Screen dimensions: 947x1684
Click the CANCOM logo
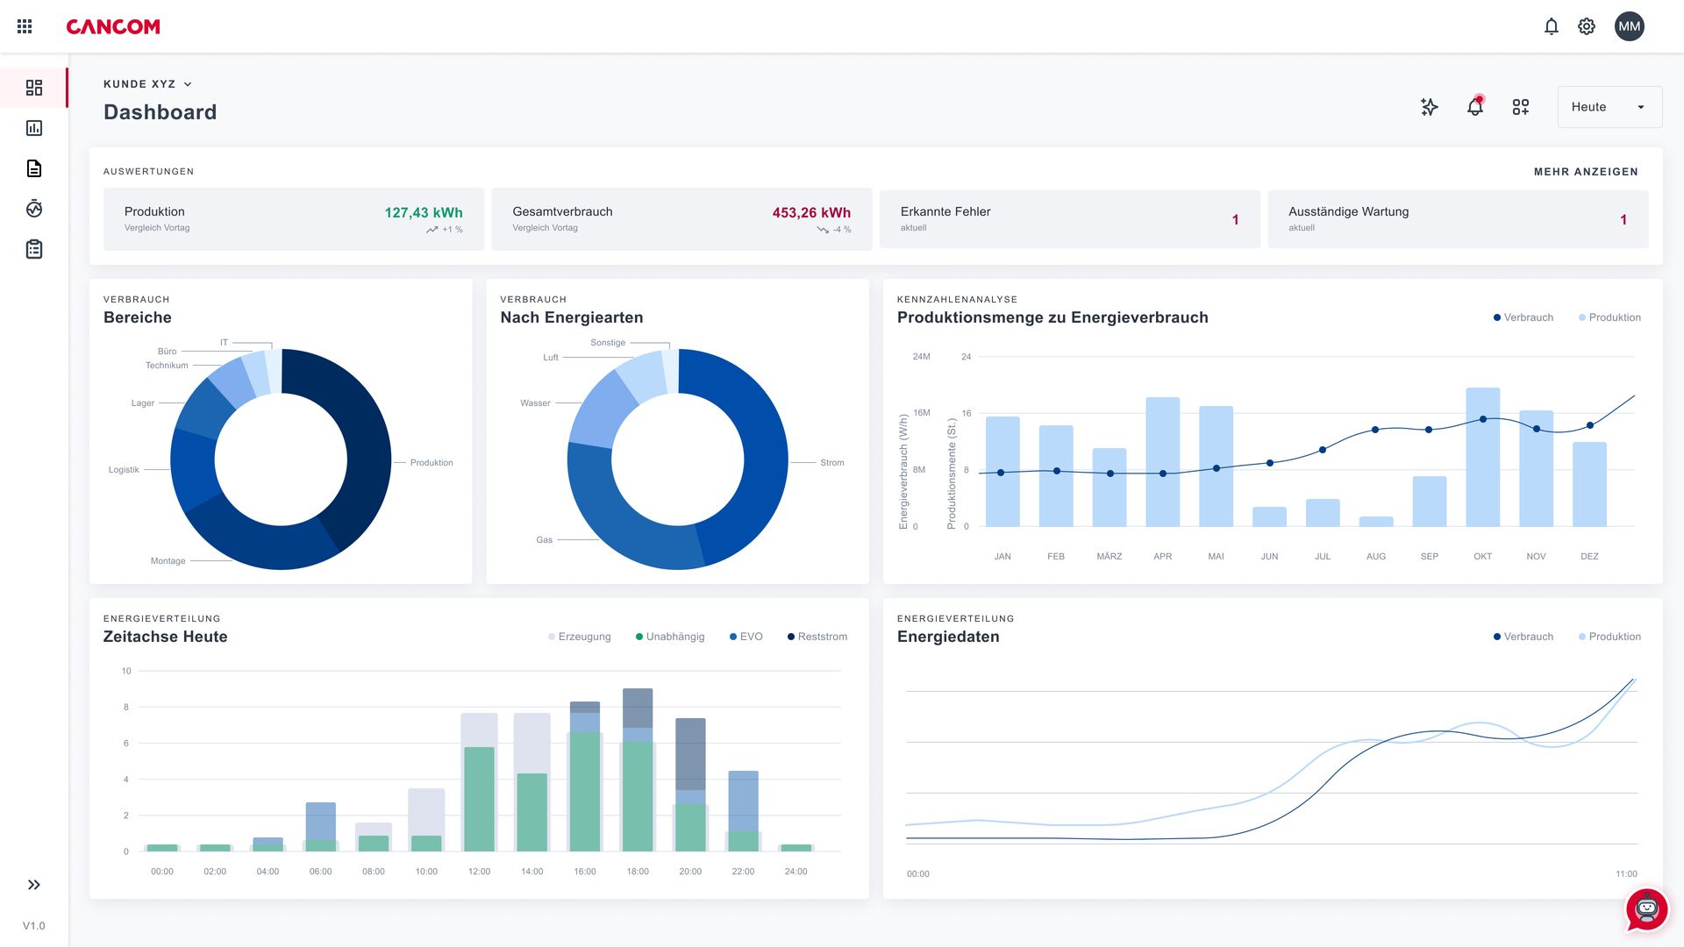113,27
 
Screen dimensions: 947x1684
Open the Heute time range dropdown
1609,107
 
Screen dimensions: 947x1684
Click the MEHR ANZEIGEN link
1585,172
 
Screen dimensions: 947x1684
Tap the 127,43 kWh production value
423,212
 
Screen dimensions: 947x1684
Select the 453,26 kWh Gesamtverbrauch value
810,212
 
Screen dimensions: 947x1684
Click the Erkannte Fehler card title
945,211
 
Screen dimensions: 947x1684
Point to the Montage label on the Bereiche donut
168,561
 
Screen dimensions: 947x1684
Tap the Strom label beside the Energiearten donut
831,463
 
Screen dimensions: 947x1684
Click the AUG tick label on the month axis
1375,557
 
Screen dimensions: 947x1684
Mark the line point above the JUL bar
1323,450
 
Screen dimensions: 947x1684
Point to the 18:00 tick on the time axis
638,872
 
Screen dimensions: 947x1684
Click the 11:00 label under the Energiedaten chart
1625,874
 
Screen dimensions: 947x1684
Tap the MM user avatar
1629,26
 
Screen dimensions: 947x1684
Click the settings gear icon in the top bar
1586,26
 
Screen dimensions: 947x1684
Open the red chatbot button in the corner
1646,910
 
